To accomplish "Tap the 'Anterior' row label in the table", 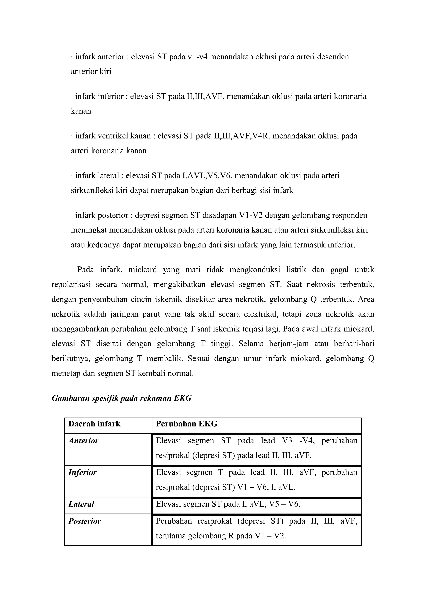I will click(x=83, y=441).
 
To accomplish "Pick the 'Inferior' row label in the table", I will click(x=82, y=472).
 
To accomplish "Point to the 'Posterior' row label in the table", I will click(x=84, y=521).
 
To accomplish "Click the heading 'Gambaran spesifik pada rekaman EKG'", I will click(x=121, y=398).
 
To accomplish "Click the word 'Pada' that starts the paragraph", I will click(x=85, y=270).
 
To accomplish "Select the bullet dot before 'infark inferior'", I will click(x=72, y=96).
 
